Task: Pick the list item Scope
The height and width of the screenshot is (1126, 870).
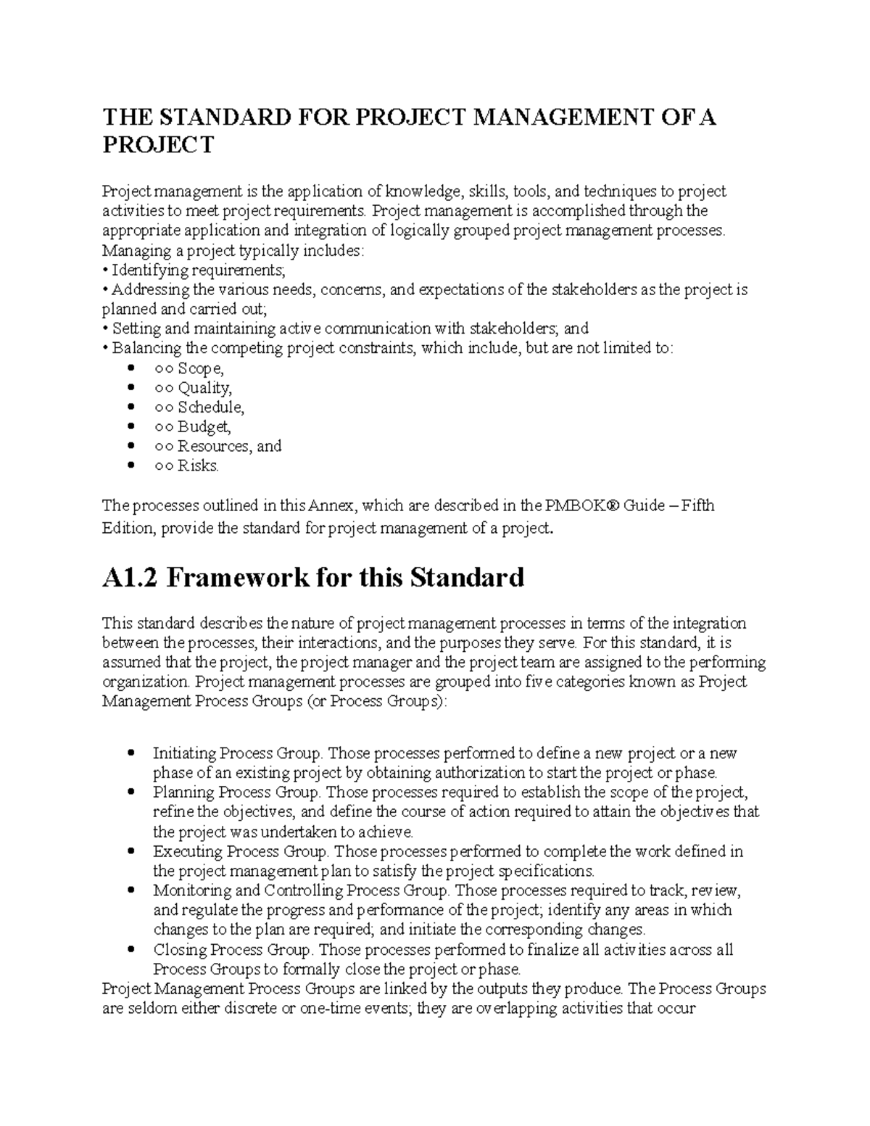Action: pos(201,368)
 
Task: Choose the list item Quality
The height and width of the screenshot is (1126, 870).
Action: pos(205,388)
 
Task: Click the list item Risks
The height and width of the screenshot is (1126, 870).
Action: pos(198,466)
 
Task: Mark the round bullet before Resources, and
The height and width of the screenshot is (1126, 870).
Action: pos(131,446)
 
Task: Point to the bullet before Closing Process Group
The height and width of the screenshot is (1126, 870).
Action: pos(131,949)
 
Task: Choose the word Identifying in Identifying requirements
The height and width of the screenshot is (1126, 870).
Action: pos(149,270)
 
